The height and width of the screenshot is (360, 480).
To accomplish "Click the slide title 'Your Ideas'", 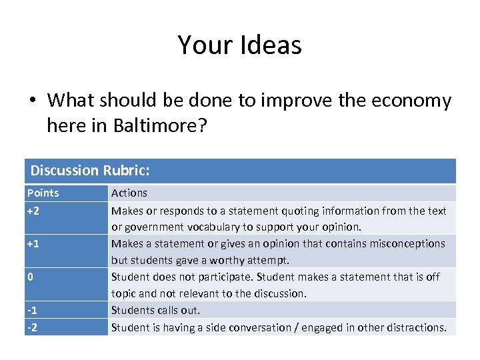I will coord(240,45).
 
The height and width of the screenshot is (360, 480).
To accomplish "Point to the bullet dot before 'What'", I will coord(32,101).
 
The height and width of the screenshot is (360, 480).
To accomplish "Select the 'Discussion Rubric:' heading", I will coord(90,171).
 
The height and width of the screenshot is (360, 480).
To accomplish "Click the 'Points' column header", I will coord(43,193).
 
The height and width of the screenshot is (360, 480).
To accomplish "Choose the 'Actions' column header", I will coord(129,193).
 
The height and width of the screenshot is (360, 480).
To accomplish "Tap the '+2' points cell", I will coord(33,211).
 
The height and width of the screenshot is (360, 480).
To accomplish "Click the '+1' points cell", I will coord(33,244).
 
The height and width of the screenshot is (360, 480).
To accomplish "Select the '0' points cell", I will coord(30,277).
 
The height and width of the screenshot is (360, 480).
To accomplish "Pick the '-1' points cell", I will coord(32,310).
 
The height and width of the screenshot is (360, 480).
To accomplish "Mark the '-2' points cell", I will coord(32,327).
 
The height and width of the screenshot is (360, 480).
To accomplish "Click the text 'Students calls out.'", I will coord(155,310).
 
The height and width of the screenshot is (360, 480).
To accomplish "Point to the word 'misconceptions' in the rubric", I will coord(405,244).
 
